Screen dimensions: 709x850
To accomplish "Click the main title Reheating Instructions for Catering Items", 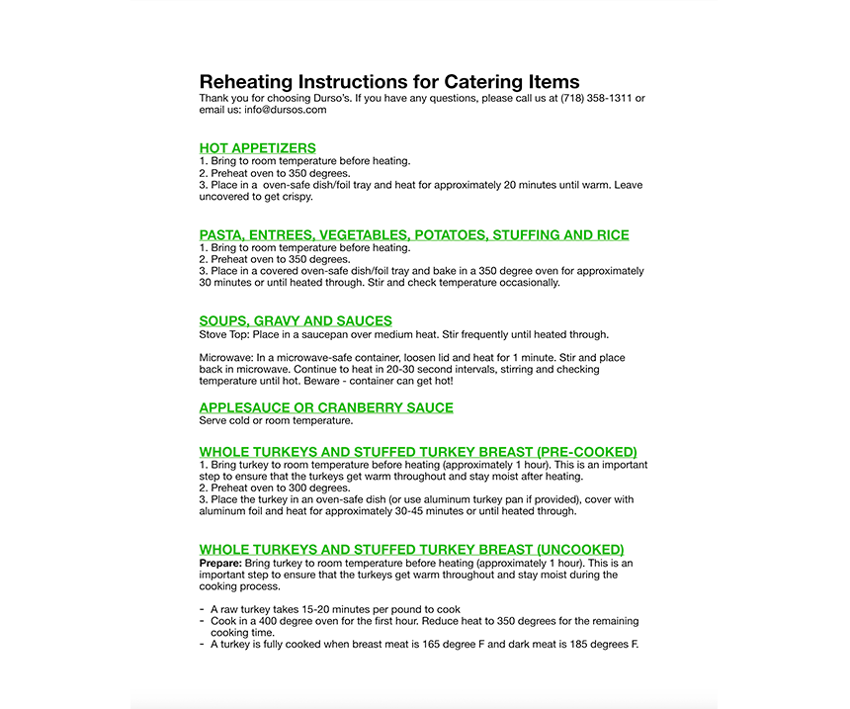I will coord(389,81).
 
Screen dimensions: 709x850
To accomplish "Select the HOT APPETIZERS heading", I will coord(257,148).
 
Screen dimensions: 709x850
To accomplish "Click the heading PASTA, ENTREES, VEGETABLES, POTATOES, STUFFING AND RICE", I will coord(414,235).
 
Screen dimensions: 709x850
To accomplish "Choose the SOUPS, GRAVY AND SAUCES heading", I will coord(296,321).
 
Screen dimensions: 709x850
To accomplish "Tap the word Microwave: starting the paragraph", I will coord(226,358).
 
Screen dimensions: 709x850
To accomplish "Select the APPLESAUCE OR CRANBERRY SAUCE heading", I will coord(326,407).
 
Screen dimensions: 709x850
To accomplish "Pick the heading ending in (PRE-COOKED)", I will coord(418,452).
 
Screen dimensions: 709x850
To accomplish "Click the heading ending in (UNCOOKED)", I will coord(411,550).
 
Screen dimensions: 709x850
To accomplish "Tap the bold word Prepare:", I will coord(220,563).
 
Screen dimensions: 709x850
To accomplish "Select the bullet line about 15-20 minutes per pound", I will coord(335,609).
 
